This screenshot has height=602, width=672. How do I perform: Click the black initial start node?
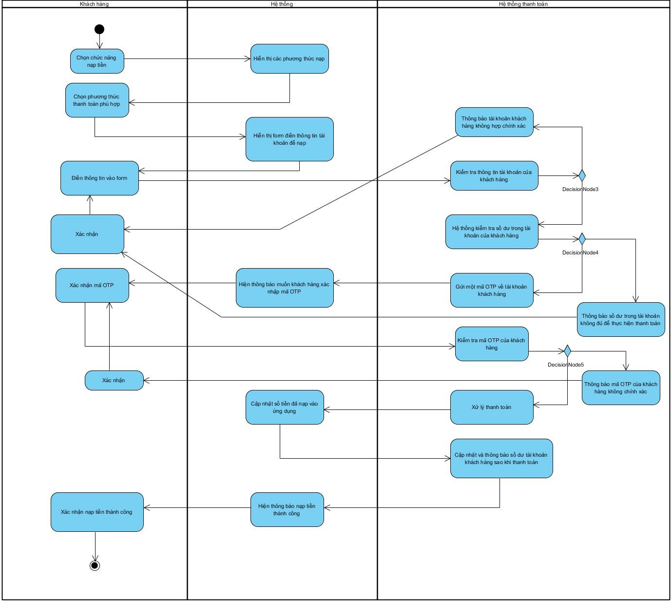(99, 30)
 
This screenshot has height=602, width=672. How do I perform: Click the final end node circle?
(95, 565)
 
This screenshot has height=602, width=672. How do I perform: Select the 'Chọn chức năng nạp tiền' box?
(97, 61)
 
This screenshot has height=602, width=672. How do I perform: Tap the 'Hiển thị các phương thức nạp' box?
(289, 59)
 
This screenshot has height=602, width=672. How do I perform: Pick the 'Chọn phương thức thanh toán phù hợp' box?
(97, 100)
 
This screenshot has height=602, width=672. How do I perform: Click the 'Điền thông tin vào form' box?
(99, 178)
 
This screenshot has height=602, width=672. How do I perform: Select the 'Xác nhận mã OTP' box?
(92, 285)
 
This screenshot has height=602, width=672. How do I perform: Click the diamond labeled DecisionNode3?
(581, 175)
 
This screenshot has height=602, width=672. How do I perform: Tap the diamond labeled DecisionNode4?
(581, 239)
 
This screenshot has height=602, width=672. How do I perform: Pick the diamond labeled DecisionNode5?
(567, 351)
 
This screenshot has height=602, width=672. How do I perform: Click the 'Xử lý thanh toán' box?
(492, 407)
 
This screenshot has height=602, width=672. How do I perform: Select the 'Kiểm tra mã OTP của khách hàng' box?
(492, 344)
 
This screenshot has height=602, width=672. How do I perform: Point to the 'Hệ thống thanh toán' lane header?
(523, 4)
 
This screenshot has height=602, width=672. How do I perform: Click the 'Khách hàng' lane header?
(95, 4)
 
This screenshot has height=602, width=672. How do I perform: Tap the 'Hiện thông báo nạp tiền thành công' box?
(287, 509)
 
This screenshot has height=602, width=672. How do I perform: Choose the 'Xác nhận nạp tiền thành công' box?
(97, 512)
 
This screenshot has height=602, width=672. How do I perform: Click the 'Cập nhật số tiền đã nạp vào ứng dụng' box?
(285, 407)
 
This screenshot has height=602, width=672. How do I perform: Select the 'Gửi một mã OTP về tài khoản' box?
(492, 290)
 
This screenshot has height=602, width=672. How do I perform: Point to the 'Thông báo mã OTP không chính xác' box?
(621, 388)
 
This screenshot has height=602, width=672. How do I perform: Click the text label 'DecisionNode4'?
(580, 252)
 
